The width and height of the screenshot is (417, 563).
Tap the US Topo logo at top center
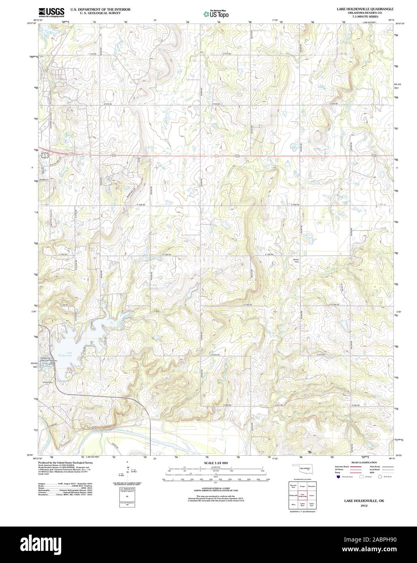click(x=216, y=13)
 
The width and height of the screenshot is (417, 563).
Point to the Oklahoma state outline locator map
click(x=302, y=471)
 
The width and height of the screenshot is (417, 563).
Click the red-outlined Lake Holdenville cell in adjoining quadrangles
click(x=302, y=495)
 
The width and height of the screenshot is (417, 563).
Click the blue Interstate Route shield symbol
click(x=338, y=477)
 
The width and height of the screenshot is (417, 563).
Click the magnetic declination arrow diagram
click(x=127, y=470)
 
